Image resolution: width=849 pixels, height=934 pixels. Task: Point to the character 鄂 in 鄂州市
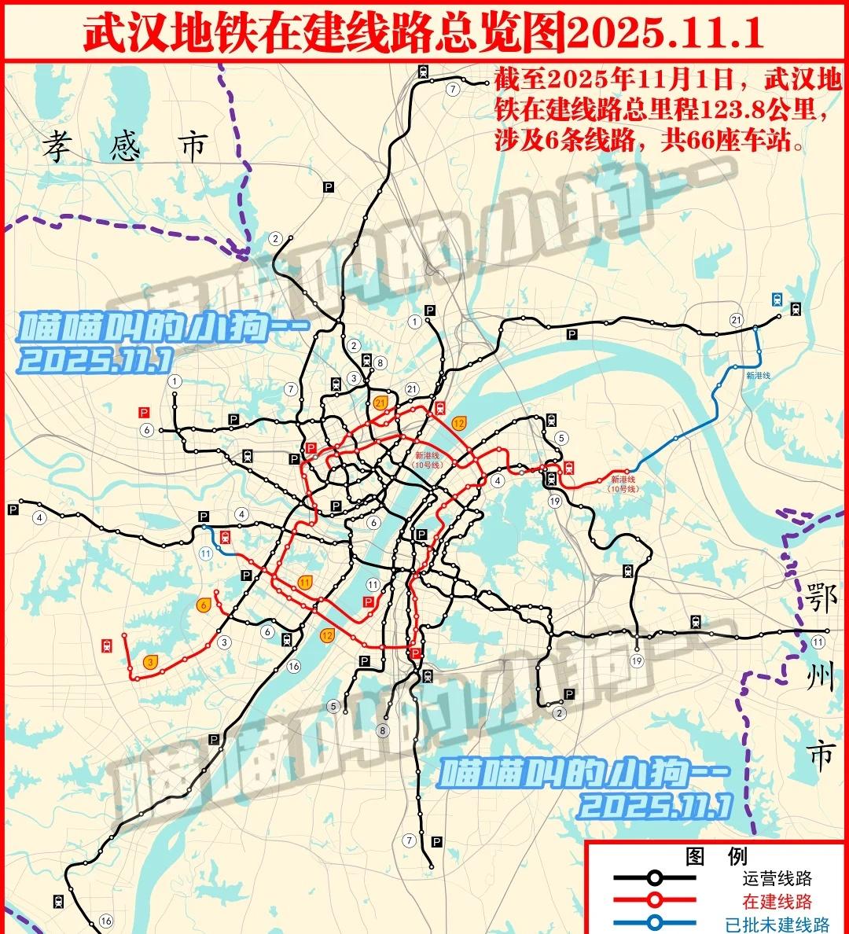[821, 599]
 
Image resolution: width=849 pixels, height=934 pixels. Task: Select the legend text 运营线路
[777, 878]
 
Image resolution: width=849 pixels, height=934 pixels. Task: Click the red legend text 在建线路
[777, 902]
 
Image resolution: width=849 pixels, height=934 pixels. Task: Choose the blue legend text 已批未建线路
[777, 925]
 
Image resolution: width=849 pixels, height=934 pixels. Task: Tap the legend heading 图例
[715, 856]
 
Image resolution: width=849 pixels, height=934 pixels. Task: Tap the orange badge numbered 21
[382, 403]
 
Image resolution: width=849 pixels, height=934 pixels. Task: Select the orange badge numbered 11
[306, 582]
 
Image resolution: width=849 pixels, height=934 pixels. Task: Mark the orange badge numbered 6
[204, 605]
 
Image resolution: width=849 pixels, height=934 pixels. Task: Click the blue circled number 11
[206, 553]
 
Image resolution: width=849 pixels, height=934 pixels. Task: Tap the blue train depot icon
[777, 299]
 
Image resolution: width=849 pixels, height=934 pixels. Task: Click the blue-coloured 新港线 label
[759, 375]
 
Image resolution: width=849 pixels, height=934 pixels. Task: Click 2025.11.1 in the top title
[664, 32]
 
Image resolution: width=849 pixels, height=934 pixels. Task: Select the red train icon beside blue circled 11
[226, 538]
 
